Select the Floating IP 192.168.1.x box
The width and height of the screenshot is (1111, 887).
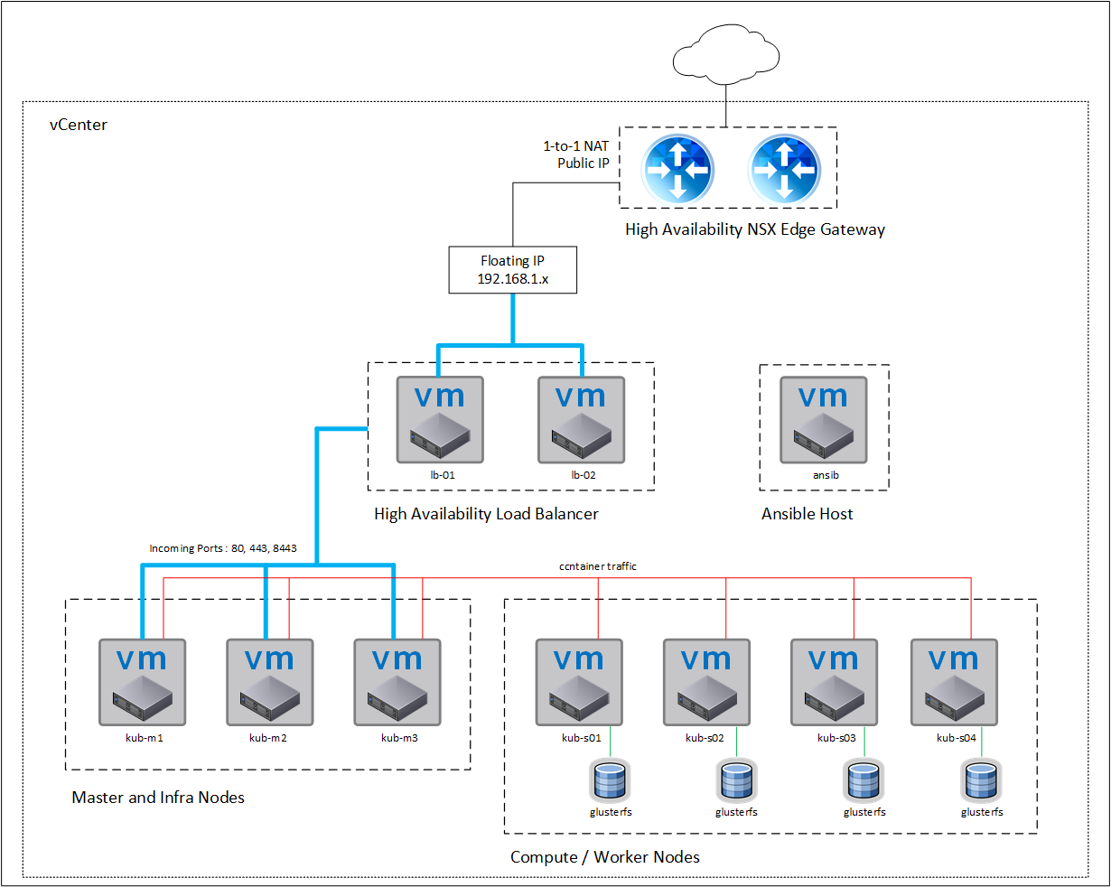[513, 270]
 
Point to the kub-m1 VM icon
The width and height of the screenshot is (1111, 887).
[143, 682]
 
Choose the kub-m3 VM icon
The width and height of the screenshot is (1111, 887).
[397, 682]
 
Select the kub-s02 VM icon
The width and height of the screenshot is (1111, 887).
[706, 682]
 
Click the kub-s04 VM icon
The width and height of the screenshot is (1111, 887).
[954, 682]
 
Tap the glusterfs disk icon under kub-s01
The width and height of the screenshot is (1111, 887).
[610, 781]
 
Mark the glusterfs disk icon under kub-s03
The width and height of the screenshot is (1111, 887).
[864, 781]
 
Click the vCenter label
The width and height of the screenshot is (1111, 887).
[79, 125]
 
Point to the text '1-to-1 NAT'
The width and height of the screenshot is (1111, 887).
[575, 145]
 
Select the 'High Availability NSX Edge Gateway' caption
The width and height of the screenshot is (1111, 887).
[755, 229]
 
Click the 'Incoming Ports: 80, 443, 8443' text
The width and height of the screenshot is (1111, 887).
[223, 548]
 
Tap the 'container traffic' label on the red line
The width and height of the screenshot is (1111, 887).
[598, 566]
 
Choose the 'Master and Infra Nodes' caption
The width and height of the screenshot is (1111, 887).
[158, 798]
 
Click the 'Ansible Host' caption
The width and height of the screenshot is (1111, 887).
[808, 514]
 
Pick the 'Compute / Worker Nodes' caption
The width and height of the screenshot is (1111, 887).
[605, 857]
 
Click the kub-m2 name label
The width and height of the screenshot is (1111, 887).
[268, 738]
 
